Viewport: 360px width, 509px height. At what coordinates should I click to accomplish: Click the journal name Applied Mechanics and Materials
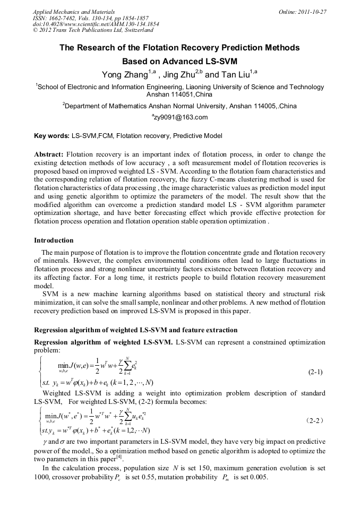[73, 12]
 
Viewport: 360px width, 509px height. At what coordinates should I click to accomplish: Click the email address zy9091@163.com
[181, 117]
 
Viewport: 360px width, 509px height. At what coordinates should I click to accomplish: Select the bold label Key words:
[52, 136]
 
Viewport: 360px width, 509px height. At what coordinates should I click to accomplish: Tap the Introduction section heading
[54, 240]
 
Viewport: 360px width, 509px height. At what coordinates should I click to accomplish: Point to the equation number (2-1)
[315, 373]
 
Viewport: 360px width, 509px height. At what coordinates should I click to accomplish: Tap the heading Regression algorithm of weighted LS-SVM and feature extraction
[135, 330]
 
